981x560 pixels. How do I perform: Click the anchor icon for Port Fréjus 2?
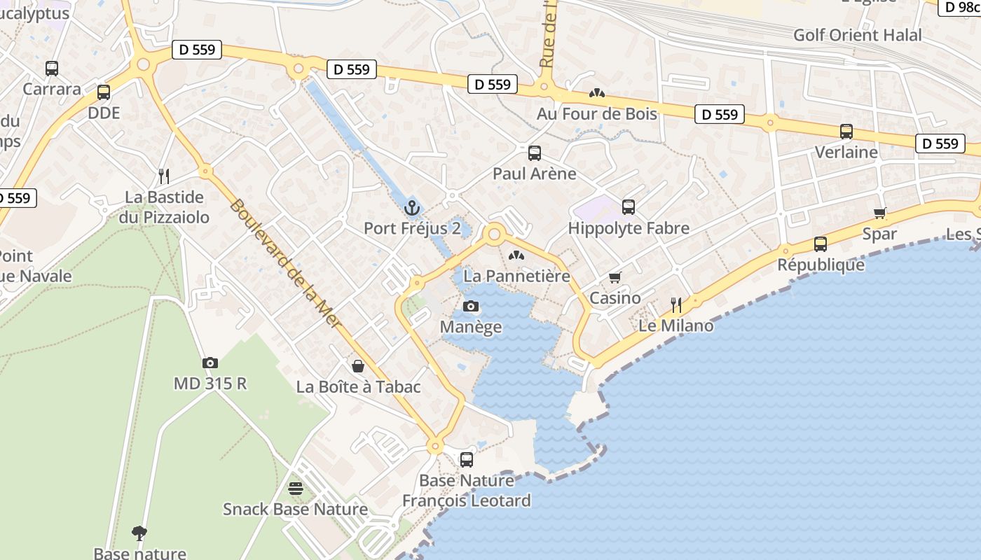[x=412, y=207]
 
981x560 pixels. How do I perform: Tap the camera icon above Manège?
[x=471, y=306]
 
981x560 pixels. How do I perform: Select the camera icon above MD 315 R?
[x=210, y=363]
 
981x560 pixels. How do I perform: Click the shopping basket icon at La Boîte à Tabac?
[x=358, y=366]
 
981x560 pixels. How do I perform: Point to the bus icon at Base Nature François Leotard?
[x=466, y=460]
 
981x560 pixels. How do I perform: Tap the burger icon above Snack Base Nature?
[x=295, y=488]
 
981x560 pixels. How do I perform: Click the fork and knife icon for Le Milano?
[x=675, y=304]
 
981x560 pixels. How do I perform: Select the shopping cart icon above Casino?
[x=615, y=277]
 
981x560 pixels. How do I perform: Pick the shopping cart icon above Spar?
[x=879, y=213]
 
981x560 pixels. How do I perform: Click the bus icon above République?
[x=821, y=244]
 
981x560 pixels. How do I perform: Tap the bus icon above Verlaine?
[x=846, y=131]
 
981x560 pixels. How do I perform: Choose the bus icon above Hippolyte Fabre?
[x=628, y=207]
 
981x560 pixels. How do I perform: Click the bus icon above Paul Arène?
[x=534, y=153]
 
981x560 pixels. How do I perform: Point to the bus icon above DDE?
[x=104, y=92]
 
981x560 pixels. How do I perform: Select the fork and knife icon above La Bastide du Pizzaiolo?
[x=164, y=176]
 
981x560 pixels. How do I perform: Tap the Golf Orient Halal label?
[x=857, y=35]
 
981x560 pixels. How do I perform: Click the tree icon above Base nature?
[x=139, y=533]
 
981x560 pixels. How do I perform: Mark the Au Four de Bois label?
[x=596, y=113]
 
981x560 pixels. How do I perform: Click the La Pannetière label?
[x=516, y=276]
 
